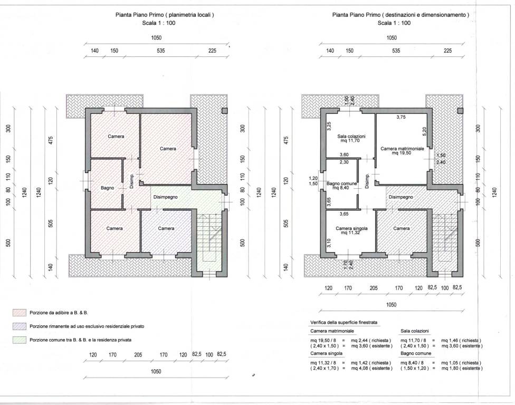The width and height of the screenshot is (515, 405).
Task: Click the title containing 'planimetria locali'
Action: tap(165, 15)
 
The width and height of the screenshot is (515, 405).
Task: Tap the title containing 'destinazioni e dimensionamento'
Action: tap(400, 15)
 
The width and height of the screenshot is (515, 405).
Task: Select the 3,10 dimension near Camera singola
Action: tap(329, 243)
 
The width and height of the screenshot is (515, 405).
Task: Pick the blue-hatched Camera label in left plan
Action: tap(166, 228)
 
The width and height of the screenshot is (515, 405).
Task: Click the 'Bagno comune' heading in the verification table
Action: tap(416, 353)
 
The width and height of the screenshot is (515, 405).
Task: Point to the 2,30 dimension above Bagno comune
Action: tap(344, 162)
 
